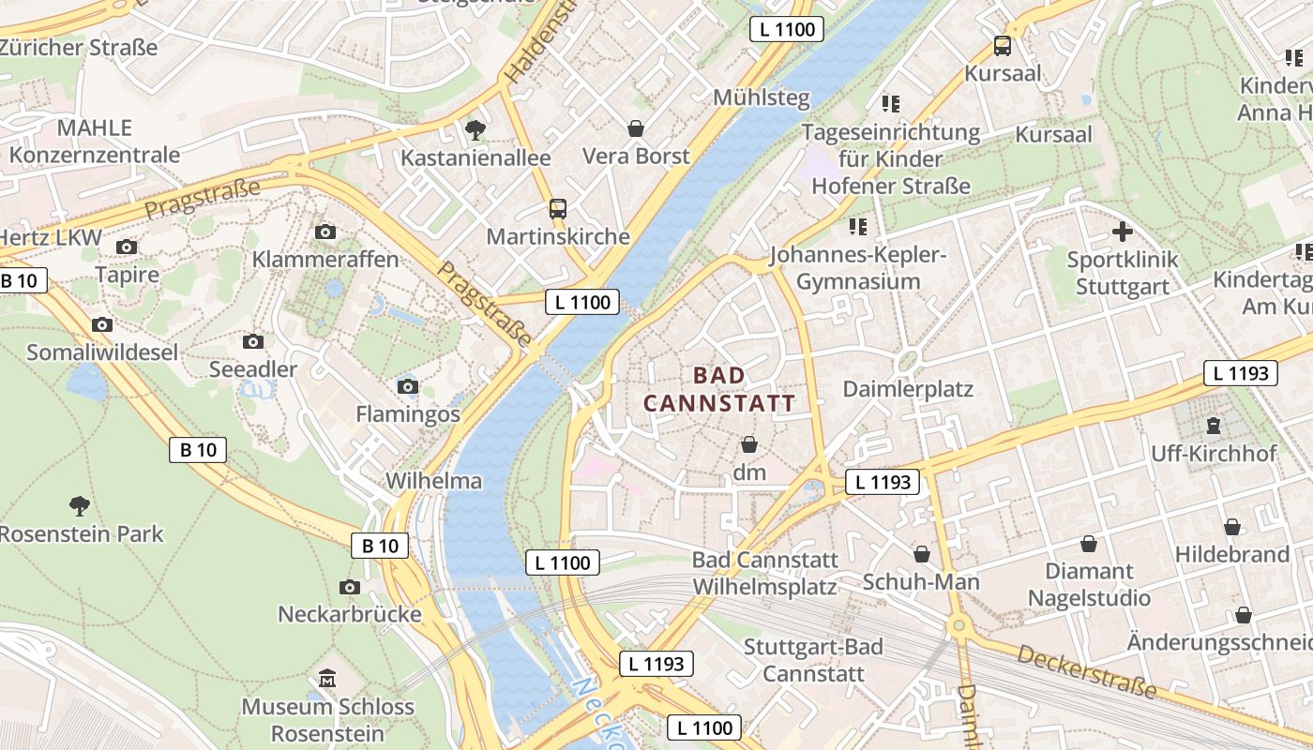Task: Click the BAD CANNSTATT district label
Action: tap(719, 389)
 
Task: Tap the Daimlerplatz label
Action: tap(908, 388)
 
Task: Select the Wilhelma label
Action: tap(434, 481)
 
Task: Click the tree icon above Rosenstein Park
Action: tap(80, 506)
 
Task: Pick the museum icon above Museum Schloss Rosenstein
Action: tap(327, 678)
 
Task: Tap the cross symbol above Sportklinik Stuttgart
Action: tap(1123, 231)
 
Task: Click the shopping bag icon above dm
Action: tap(749, 443)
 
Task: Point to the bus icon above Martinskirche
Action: tap(558, 208)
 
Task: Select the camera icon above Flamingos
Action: tap(407, 386)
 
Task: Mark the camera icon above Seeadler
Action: tap(252, 341)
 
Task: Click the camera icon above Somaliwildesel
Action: tap(102, 324)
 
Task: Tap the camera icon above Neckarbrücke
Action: tap(350, 587)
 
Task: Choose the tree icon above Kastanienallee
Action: tap(475, 129)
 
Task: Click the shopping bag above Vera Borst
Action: tap(636, 127)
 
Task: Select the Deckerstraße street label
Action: tap(1087, 669)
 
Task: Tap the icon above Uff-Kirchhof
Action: tap(1214, 426)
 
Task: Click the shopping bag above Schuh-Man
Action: tap(922, 554)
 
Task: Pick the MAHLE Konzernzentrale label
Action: tap(94, 141)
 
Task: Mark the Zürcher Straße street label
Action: tap(79, 46)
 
